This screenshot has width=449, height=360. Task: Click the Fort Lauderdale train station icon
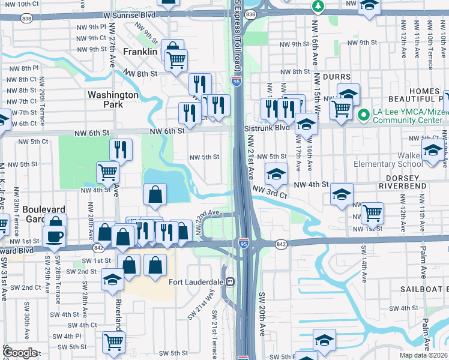(x=230, y=282)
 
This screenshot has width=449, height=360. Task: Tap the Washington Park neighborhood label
(x=113, y=100)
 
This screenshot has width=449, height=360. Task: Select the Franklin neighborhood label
(x=140, y=52)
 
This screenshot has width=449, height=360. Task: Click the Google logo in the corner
(x=20, y=353)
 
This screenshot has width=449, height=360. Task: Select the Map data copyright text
(x=424, y=355)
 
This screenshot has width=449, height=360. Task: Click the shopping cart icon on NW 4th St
(x=108, y=172)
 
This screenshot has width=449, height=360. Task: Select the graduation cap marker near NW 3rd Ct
(x=276, y=174)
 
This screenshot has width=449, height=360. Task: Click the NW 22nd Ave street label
(x=209, y=214)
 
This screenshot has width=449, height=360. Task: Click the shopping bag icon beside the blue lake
(x=155, y=194)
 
